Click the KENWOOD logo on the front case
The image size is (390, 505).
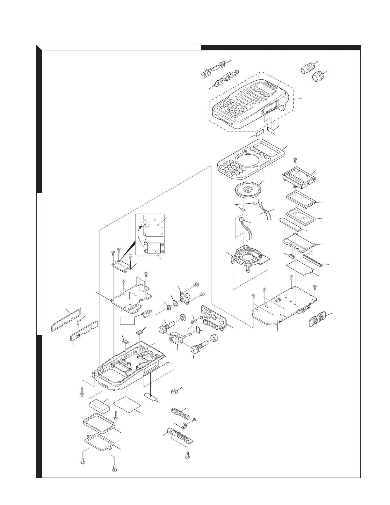[x=271, y=86]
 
